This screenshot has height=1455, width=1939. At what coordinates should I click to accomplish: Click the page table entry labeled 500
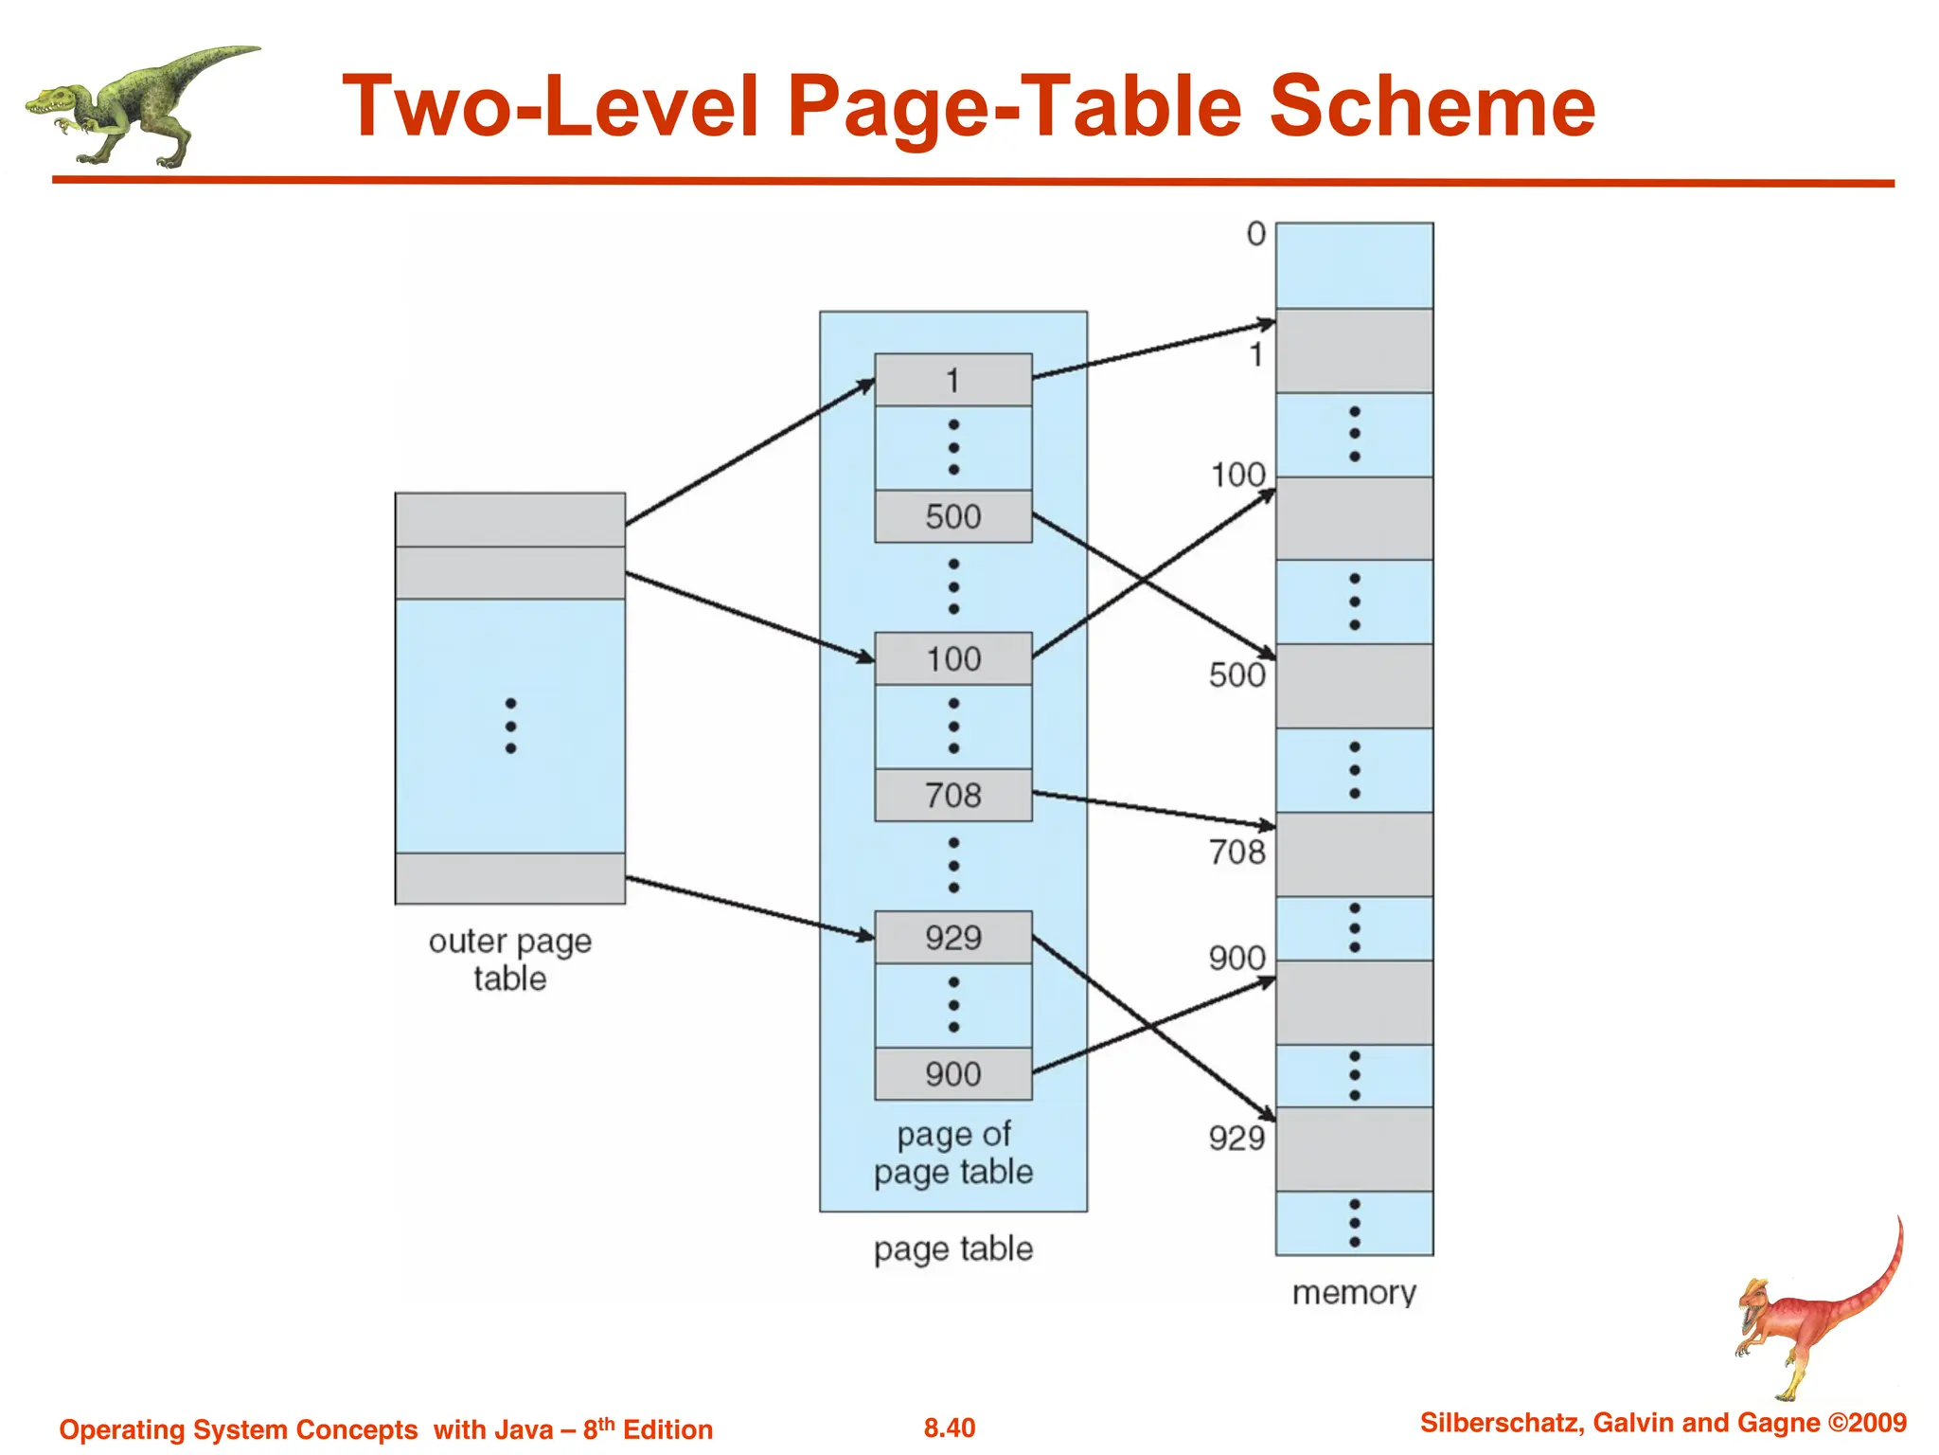pyautogui.click(x=952, y=516)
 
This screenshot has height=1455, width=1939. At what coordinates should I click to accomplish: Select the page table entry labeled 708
pyautogui.click(x=952, y=795)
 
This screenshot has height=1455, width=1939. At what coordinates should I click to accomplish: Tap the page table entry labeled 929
pyautogui.click(x=952, y=938)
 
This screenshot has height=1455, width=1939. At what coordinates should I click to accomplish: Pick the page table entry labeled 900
pyautogui.click(x=952, y=1073)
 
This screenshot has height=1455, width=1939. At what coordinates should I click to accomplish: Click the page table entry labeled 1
pyautogui.click(x=952, y=380)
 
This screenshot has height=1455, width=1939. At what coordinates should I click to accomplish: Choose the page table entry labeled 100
pyautogui.click(x=952, y=658)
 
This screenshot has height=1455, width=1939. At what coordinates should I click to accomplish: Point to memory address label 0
pyautogui.click(x=1255, y=234)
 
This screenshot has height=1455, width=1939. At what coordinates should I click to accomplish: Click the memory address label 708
pyautogui.click(x=1236, y=852)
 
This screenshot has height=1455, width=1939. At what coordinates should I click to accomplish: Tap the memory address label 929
pyautogui.click(x=1236, y=1137)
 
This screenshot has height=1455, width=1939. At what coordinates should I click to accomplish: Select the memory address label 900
pyautogui.click(x=1236, y=958)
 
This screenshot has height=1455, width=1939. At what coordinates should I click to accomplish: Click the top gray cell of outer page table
pyautogui.click(x=510, y=519)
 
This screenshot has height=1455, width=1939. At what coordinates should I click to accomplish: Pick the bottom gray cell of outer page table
pyautogui.click(x=510, y=878)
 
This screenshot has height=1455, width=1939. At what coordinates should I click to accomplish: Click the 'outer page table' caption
pyautogui.click(x=510, y=960)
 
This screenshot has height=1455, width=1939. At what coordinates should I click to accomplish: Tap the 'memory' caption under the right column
pyautogui.click(x=1354, y=1292)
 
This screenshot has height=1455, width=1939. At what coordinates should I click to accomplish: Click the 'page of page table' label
pyautogui.click(x=952, y=1153)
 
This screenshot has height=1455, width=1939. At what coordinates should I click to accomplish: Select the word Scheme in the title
pyautogui.click(x=1431, y=106)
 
